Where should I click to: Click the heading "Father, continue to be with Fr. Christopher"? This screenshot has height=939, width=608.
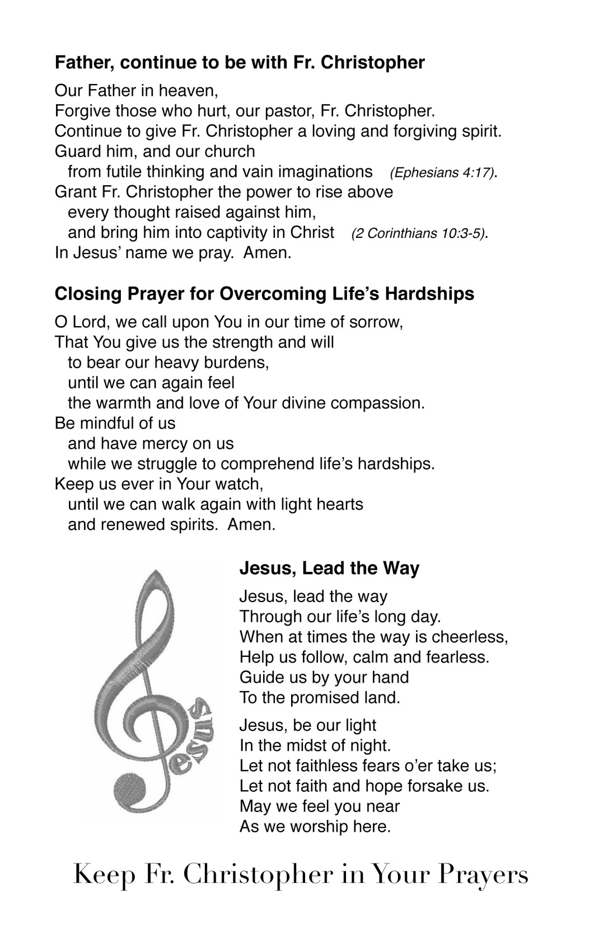click(240, 63)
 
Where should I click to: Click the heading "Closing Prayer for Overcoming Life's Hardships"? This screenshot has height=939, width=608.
click(264, 294)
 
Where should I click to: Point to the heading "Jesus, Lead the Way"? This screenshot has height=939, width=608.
click(329, 569)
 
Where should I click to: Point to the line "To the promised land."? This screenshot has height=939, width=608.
click(320, 698)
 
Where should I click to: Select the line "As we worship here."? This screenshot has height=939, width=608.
click(315, 827)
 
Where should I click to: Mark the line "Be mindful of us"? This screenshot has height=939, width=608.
click(115, 424)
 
